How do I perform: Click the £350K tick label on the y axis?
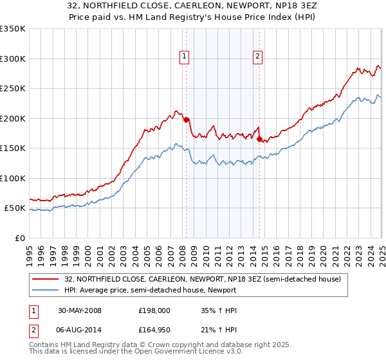(13, 29)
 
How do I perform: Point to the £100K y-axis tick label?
(13, 178)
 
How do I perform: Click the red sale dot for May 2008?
(187, 120)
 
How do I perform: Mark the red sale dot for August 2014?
(259, 139)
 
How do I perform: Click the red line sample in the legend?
(46, 278)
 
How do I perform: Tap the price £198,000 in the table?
(153, 311)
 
